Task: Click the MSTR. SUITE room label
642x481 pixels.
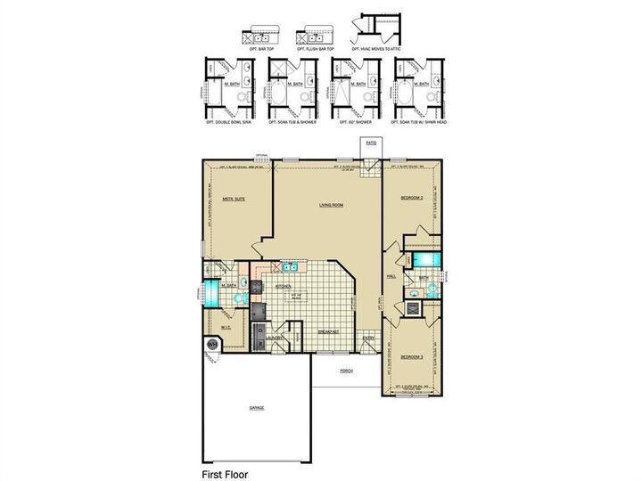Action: [234, 200]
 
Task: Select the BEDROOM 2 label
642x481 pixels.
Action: [409, 199]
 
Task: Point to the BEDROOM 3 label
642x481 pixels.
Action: [409, 356]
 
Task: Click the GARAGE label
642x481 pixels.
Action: [256, 406]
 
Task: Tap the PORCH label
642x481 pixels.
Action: [345, 371]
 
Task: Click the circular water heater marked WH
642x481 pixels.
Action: [213, 345]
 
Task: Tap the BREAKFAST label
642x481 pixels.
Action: [329, 331]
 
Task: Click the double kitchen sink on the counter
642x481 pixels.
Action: [290, 266]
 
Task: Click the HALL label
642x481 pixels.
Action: [391, 277]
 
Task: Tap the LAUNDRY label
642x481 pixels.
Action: [275, 338]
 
